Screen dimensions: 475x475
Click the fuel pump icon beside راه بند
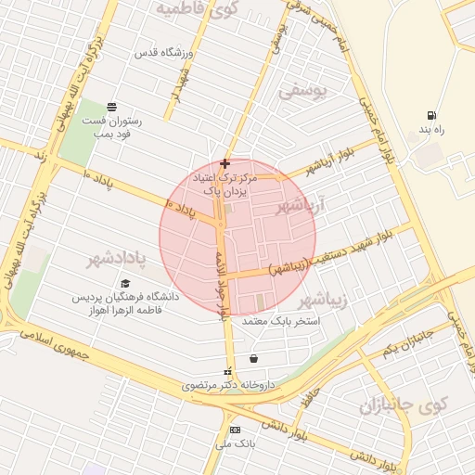(432, 115)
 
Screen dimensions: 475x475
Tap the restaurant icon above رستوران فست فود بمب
(111, 106)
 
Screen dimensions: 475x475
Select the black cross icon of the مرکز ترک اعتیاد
(225, 163)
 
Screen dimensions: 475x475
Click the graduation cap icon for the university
(125, 284)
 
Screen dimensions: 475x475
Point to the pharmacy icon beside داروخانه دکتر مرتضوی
(228, 372)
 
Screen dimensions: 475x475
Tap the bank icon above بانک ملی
(234, 430)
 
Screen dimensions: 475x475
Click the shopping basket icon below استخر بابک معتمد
(253, 359)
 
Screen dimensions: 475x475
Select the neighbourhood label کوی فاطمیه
(198, 9)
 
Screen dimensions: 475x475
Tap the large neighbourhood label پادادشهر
(119, 257)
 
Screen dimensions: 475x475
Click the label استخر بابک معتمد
(280, 321)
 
